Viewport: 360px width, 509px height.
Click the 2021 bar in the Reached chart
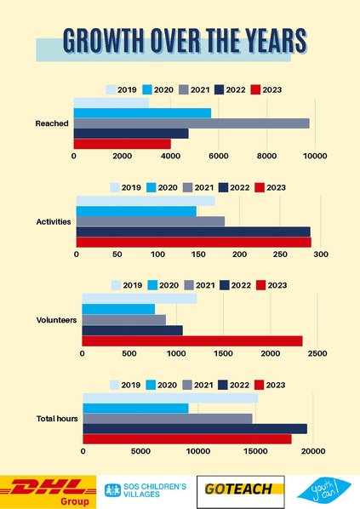(x=191, y=123)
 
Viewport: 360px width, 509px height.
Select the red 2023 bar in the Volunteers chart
(x=191, y=340)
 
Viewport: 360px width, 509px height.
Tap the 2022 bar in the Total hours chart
(x=194, y=429)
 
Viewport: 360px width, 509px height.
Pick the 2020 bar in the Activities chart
(x=136, y=211)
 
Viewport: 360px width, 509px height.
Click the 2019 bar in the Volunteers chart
(x=139, y=298)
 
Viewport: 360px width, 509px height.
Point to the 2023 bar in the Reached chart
(x=123, y=144)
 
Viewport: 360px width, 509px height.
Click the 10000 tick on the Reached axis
(x=316, y=157)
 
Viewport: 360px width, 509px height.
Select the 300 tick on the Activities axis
(x=321, y=254)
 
